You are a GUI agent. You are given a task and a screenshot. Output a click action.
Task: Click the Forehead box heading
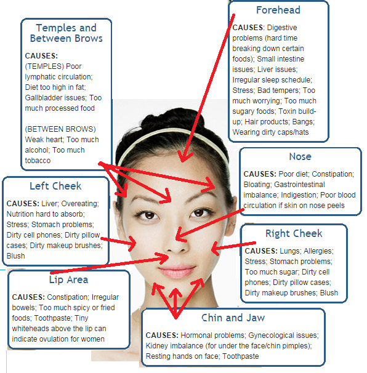pyautogui.click(x=278, y=10)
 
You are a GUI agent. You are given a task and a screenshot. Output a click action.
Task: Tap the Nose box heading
pyautogui.click(x=300, y=156)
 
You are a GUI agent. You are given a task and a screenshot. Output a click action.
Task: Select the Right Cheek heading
pyautogui.click(x=294, y=233)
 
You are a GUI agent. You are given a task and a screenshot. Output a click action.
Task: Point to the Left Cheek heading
pyautogui.click(x=55, y=186)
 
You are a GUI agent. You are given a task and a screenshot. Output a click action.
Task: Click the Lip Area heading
pyautogui.click(x=68, y=279)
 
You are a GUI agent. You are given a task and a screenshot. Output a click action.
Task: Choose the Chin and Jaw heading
pyautogui.click(x=233, y=318)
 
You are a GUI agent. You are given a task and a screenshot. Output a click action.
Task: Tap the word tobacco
pyautogui.click(x=38, y=161)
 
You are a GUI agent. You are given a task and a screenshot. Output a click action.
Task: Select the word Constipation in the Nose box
pyautogui.click(x=333, y=174)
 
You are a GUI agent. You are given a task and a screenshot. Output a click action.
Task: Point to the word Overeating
pyautogui.click(x=80, y=204)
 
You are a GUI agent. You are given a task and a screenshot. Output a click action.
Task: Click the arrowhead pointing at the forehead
pyautogui.click(x=183, y=157)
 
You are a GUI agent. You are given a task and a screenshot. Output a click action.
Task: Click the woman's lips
pyautogui.click(x=177, y=271)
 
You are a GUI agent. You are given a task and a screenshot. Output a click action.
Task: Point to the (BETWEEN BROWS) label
pyautogui.click(x=60, y=129)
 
